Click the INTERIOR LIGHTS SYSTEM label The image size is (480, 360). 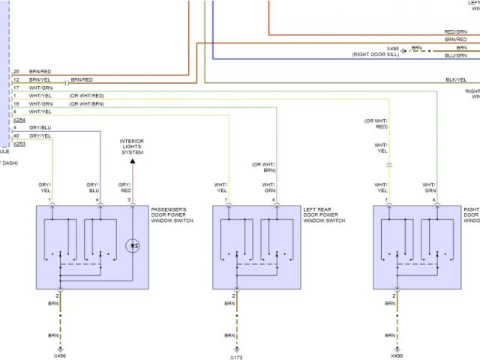pyautogui.click(x=132, y=146)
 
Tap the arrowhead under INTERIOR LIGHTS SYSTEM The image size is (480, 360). pyautogui.click(x=132, y=160)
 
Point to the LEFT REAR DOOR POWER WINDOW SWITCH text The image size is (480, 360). pyautogui.click(x=324, y=214)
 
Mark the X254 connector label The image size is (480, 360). pyautogui.click(x=19, y=120)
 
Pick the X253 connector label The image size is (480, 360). pyautogui.click(x=19, y=142)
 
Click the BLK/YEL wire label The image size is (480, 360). pyautogui.click(x=455, y=79)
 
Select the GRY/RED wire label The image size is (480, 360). pyautogui.click(x=124, y=187)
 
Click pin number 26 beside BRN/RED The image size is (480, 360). pyautogui.click(x=16, y=71)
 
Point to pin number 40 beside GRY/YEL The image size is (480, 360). pyautogui.click(x=16, y=136)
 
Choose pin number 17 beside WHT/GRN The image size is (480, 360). pyautogui.click(x=16, y=88)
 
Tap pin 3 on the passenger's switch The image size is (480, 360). pyautogui.click(x=129, y=200)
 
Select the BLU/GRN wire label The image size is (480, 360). pyautogui.click(x=455, y=55)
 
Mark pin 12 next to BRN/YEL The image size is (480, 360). pyautogui.click(x=16, y=79)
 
